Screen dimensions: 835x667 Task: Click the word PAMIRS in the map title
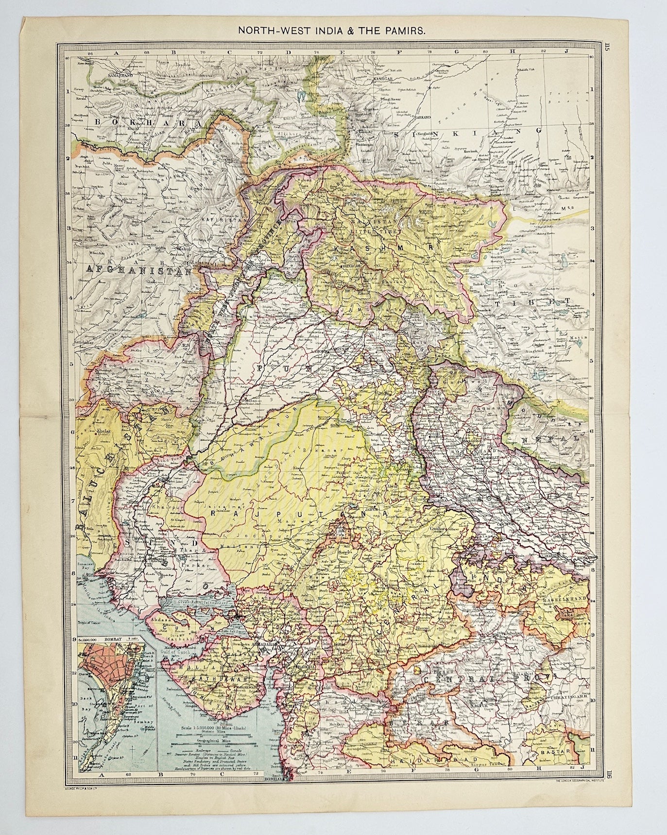[405, 30]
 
